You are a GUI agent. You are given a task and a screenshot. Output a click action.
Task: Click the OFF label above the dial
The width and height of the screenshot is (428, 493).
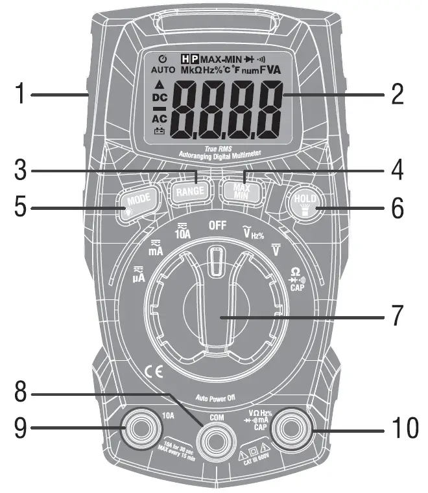217,227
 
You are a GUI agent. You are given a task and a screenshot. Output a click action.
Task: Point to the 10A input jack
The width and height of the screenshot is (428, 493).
141,429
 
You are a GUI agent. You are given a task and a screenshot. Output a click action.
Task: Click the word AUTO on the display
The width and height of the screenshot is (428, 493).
163,69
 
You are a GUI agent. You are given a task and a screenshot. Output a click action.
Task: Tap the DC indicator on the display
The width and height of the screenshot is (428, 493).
159,98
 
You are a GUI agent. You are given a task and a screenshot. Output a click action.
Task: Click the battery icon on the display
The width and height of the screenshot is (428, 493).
159,132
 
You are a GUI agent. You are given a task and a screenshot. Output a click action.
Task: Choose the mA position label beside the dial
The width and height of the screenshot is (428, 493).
156,249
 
